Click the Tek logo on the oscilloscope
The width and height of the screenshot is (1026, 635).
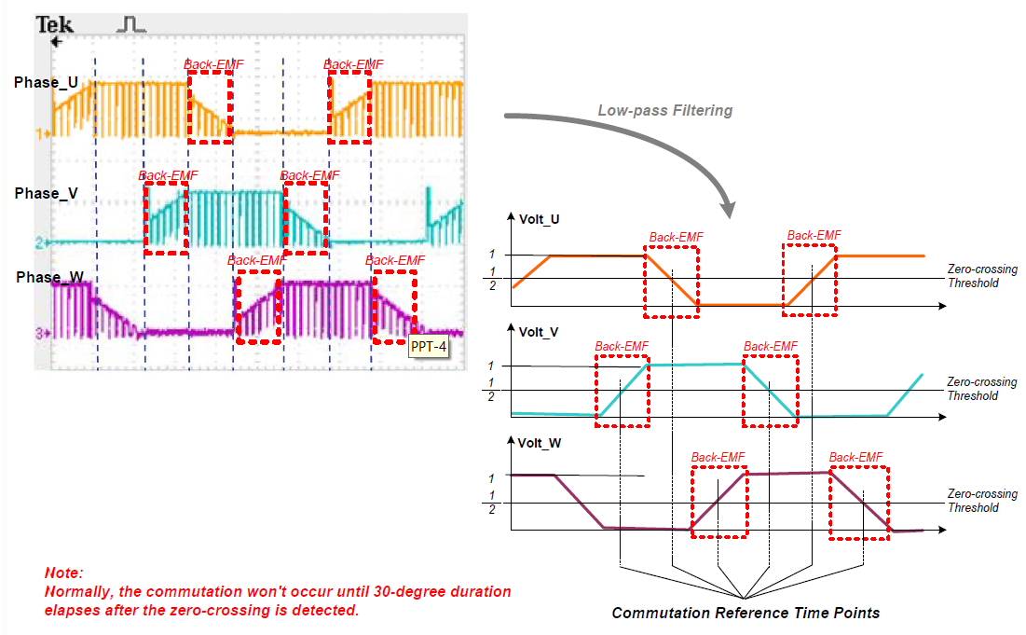tap(54, 25)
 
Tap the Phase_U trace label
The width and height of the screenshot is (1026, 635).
tap(46, 83)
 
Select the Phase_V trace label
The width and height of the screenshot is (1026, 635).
tap(47, 193)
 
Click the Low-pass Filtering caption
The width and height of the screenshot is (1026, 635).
tap(664, 110)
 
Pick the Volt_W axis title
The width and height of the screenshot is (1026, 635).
tap(540, 444)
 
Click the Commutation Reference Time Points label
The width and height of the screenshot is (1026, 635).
tap(746, 613)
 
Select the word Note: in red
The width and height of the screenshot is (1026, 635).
tap(63, 573)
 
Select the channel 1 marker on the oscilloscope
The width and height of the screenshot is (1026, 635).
tap(43, 133)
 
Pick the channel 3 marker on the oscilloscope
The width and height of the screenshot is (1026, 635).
tap(43, 333)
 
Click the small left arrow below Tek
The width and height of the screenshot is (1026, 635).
tap(56, 43)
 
